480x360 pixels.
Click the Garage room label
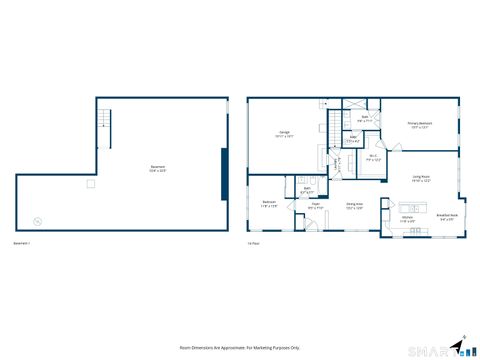point(286,134)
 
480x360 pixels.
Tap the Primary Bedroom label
point(418,125)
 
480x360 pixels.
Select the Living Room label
point(421,179)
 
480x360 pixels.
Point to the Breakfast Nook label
point(447,216)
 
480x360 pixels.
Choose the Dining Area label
point(354,206)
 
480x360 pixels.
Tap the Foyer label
point(315,206)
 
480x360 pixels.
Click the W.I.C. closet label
point(371,156)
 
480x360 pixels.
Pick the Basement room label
point(158,168)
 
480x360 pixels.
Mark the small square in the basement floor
point(90,184)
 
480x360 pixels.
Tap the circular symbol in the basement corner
point(38,221)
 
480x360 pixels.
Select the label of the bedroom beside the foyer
point(270,204)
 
